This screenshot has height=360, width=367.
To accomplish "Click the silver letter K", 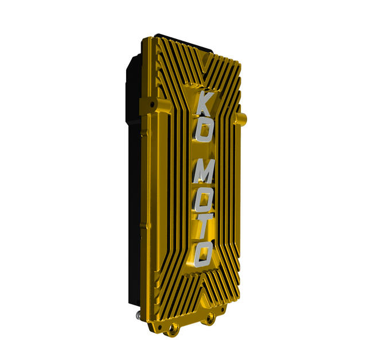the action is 205,103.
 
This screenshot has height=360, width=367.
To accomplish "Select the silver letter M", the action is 202,172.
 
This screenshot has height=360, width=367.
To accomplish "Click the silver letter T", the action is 203,225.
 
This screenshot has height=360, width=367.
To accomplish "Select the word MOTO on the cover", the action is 202,214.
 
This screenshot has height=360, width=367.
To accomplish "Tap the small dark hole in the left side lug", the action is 153,103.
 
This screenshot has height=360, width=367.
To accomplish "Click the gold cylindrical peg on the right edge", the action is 241,118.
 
